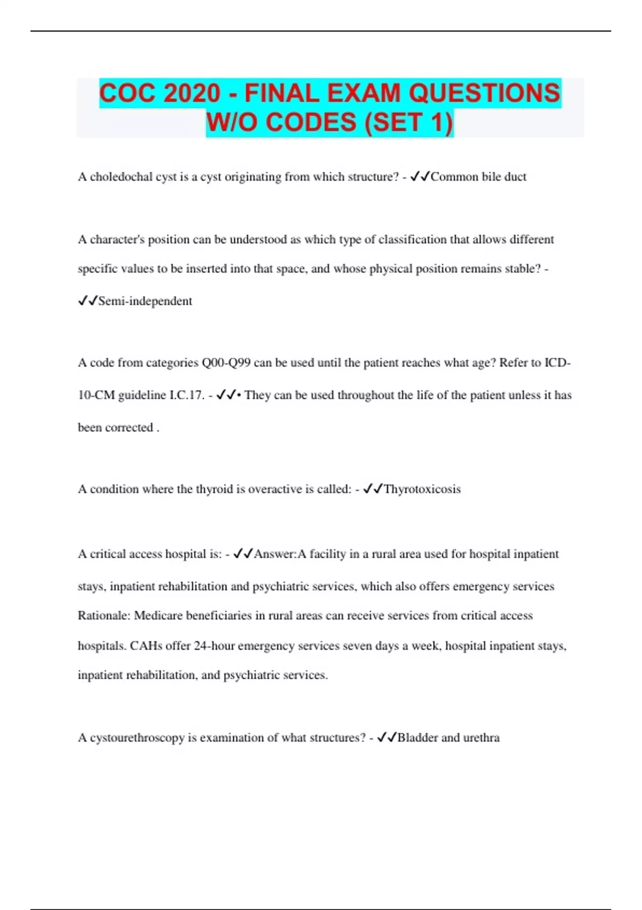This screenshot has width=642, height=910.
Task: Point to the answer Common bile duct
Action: (x=478, y=177)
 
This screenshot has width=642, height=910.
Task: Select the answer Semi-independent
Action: (x=145, y=301)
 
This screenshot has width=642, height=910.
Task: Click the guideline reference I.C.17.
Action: (x=187, y=396)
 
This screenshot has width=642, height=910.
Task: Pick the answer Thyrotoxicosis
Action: (x=422, y=489)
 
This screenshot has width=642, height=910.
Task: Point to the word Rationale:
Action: (x=104, y=616)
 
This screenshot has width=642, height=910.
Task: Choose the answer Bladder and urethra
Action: (x=448, y=738)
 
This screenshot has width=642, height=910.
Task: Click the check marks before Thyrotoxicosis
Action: (x=372, y=489)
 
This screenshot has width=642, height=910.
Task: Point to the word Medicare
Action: (x=158, y=616)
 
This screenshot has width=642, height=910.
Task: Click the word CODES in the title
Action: (x=311, y=122)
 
